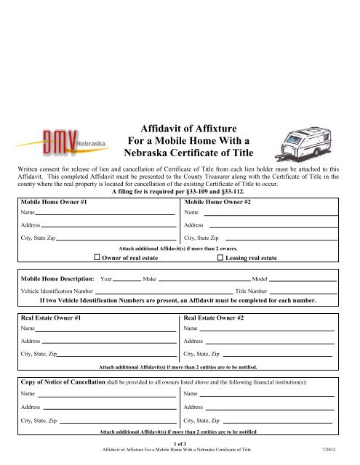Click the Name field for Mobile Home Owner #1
(x=105, y=214)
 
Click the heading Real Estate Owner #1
(x=50, y=318)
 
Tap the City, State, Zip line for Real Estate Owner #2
(x=276, y=354)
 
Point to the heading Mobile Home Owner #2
(x=218, y=201)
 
